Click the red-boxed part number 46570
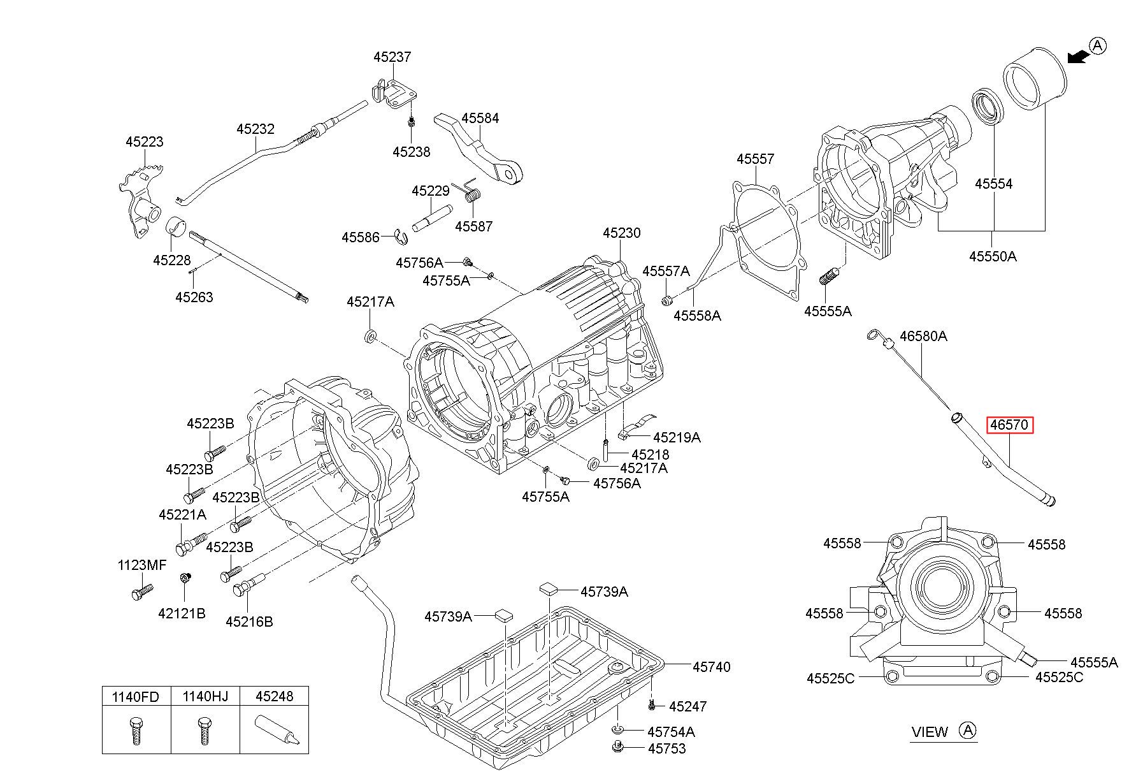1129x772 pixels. [1010, 425]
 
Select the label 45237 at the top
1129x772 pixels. [392, 57]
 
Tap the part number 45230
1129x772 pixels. [621, 233]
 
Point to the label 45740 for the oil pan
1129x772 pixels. [711, 667]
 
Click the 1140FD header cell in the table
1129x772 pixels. [136, 696]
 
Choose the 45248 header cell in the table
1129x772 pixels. [275, 696]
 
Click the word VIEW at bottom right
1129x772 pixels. [930, 732]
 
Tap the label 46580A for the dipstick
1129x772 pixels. [923, 336]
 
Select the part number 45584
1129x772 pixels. [480, 119]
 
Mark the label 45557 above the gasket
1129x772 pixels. [755, 159]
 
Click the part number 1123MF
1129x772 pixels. [141, 565]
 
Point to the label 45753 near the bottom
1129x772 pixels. [666, 749]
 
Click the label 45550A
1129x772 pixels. [993, 257]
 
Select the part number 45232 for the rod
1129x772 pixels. [255, 129]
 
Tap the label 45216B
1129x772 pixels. [249, 622]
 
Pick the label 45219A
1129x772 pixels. [677, 437]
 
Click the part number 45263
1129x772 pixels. [194, 298]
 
